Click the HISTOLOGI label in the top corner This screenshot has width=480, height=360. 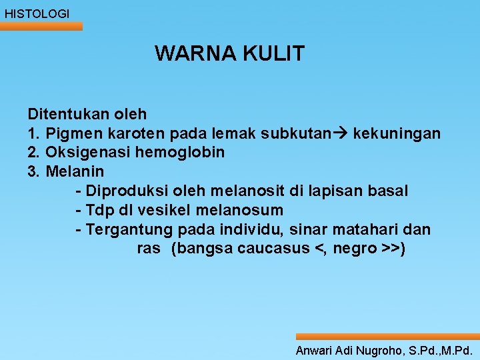coord(37,13)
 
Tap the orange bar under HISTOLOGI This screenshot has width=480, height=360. coord(41,27)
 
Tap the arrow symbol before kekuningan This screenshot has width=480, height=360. coord(341,133)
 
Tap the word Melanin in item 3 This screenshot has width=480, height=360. coord(75,172)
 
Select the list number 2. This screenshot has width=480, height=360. coord(33,153)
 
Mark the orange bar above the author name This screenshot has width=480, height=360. coord(387,337)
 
